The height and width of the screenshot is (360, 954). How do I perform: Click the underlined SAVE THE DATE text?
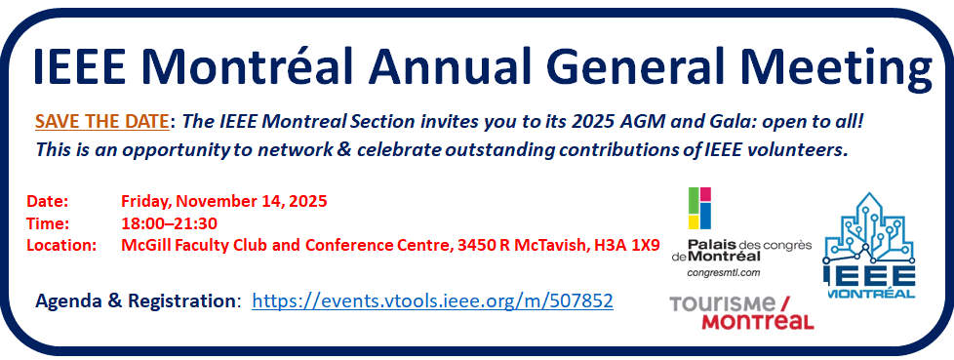[x=101, y=122]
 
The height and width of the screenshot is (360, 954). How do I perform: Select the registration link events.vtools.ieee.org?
[x=432, y=300]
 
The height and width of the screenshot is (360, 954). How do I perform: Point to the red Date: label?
[x=48, y=201]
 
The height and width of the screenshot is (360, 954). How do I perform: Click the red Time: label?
[x=48, y=223]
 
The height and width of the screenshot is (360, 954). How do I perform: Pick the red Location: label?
[x=61, y=246]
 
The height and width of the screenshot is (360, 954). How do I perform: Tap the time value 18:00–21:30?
[x=169, y=223]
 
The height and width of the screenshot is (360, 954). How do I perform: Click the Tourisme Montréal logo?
[x=741, y=312]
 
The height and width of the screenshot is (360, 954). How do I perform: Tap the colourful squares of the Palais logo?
[x=699, y=209]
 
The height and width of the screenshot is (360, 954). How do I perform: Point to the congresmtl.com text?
[x=724, y=272]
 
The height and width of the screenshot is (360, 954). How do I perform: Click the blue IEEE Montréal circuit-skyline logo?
[x=869, y=245]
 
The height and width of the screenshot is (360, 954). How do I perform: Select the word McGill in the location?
[x=141, y=246]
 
